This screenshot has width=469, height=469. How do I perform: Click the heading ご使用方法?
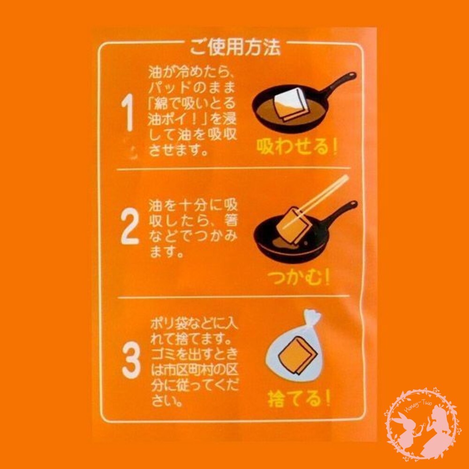tap(235, 47)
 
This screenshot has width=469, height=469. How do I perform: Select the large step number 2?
tap(129, 228)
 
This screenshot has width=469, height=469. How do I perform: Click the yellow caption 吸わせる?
tap(296, 148)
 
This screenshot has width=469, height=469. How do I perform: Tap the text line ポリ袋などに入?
tap(193, 325)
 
